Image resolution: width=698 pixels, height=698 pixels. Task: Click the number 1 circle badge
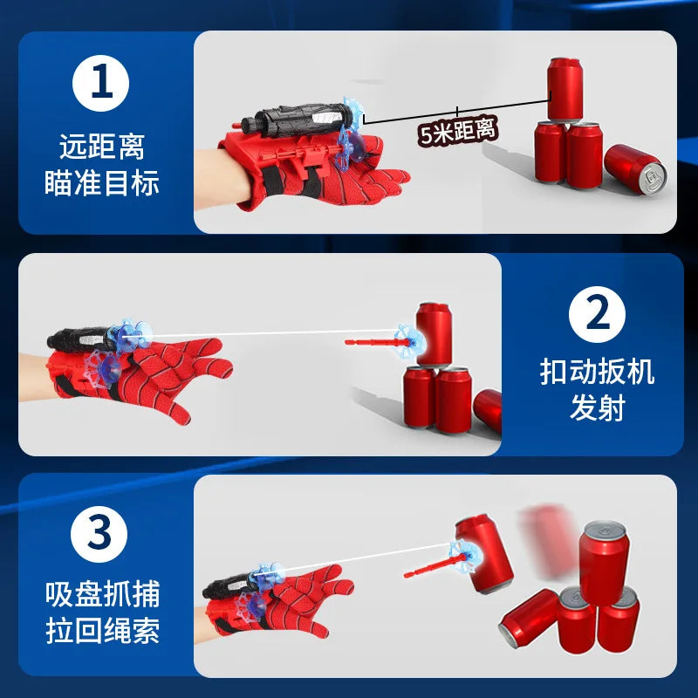(100, 83)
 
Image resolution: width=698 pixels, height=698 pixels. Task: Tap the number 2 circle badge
(597, 314)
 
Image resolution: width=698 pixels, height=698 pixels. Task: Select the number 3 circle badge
(99, 534)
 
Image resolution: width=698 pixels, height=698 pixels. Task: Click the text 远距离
(102, 147)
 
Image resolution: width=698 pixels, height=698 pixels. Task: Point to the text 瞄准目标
(102, 182)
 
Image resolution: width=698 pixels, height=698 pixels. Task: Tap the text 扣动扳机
(597, 372)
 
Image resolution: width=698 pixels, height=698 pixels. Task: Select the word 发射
(597, 407)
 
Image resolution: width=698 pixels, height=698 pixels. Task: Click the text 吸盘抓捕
(102, 594)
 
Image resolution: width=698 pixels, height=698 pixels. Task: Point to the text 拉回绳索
(102, 630)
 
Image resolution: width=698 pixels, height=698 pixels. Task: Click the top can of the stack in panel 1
(565, 90)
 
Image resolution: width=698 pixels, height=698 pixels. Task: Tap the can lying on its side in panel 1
(635, 168)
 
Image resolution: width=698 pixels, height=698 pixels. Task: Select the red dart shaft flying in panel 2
(377, 342)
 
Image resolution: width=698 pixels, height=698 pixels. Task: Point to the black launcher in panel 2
(80, 339)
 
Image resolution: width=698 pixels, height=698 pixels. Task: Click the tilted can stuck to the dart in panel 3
(484, 553)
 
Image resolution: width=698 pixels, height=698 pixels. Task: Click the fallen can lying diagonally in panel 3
(529, 619)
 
